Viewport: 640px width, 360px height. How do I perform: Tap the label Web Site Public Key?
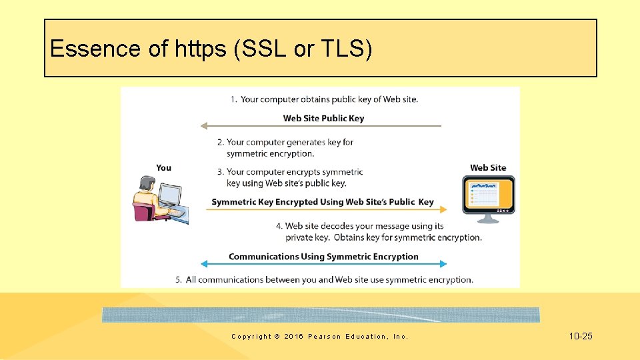coord(323,118)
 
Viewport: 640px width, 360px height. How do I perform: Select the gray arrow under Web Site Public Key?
coord(321,125)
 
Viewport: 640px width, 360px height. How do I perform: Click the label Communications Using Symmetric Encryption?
coord(323,256)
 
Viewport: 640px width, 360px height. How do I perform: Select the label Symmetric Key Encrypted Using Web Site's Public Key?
coord(323,201)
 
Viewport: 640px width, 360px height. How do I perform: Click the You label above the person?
coord(163,167)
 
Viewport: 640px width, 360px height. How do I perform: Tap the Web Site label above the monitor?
coord(488,167)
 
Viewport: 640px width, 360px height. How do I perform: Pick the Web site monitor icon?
coord(489,199)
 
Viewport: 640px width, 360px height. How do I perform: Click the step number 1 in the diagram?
coord(233,99)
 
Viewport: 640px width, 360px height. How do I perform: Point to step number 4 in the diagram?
coord(279,226)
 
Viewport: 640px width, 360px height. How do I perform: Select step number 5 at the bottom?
coord(179,279)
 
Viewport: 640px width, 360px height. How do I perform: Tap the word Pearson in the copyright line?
coord(325,337)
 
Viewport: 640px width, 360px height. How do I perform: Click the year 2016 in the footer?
coord(293,337)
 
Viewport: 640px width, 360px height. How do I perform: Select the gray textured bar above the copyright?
coord(321,315)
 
